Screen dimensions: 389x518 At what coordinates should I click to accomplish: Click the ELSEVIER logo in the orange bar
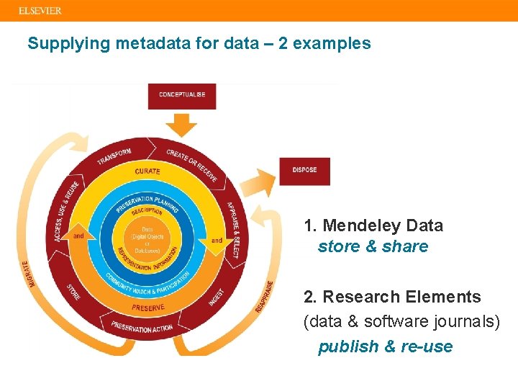(x=40, y=11)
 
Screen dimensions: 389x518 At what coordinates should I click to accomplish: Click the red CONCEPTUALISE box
(x=182, y=95)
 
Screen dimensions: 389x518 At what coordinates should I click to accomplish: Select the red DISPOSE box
(x=304, y=171)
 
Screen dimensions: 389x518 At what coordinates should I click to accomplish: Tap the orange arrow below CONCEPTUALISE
(x=185, y=125)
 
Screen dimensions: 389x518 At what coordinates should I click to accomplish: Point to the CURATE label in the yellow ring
(x=147, y=171)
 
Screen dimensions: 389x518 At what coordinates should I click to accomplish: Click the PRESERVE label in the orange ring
(x=149, y=308)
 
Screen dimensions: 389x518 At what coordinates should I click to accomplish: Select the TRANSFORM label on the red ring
(x=114, y=157)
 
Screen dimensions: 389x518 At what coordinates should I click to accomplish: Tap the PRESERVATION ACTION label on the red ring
(x=142, y=328)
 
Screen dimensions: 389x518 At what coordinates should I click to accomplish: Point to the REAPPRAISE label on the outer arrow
(x=264, y=296)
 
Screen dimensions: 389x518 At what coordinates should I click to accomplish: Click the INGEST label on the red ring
(x=218, y=298)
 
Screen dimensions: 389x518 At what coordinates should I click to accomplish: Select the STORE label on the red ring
(x=73, y=292)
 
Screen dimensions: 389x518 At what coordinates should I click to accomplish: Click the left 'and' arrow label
(x=78, y=236)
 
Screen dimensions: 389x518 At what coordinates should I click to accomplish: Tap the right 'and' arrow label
(x=217, y=240)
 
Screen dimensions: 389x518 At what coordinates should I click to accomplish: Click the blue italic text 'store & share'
(x=373, y=246)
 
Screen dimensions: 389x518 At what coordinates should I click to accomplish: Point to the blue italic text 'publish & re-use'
(x=386, y=346)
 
